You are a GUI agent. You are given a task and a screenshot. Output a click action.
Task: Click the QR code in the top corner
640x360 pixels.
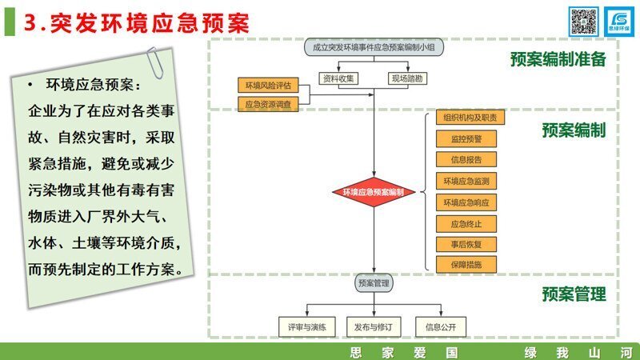pyautogui.click(x=583, y=22)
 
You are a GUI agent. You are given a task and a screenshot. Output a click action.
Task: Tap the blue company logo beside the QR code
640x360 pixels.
pyautogui.click(x=618, y=22)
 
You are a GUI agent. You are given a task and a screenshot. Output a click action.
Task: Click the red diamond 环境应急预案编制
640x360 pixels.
pyautogui.click(x=374, y=193)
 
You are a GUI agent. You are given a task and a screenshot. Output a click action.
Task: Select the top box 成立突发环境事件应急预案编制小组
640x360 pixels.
pyautogui.click(x=374, y=47)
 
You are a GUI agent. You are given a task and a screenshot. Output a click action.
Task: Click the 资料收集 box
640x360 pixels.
pyautogui.click(x=340, y=78)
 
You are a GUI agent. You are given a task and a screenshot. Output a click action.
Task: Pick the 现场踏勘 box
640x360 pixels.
pyautogui.click(x=407, y=78)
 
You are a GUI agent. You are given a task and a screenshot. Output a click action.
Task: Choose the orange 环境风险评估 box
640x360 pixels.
pyautogui.click(x=268, y=85)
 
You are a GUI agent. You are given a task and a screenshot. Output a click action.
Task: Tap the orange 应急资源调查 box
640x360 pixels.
pyautogui.click(x=268, y=103)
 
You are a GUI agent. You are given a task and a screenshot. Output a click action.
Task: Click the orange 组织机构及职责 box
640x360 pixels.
pyautogui.click(x=470, y=118)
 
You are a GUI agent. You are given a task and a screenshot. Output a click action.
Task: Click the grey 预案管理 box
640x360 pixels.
pyautogui.click(x=374, y=283)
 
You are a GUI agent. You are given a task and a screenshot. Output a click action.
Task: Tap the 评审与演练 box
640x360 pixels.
pyautogui.click(x=302, y=326)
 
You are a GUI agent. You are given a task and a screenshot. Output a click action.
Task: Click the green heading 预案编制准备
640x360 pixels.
pyautogui.click(x=558, y=60)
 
